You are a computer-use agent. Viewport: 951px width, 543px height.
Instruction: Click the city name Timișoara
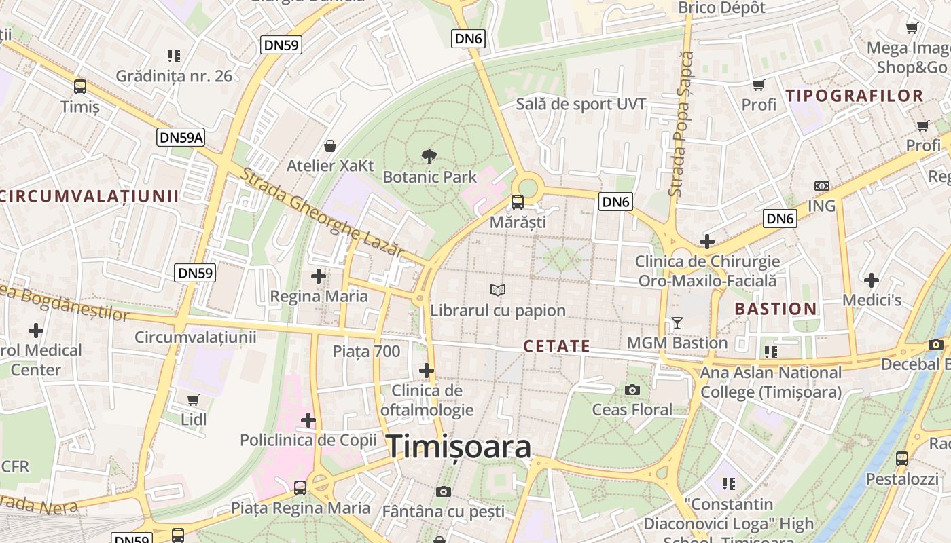(459, 447)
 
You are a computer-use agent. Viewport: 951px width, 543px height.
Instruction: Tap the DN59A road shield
(181, 138)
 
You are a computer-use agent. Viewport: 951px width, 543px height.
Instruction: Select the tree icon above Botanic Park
(429, 157)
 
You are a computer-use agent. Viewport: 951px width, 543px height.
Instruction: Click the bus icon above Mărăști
(518, 202)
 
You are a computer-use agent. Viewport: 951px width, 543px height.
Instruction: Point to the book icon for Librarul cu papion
(498, 291)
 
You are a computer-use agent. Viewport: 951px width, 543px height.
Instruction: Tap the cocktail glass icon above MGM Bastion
(677, 323)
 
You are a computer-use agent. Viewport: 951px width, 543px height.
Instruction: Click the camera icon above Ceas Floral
(632, 390)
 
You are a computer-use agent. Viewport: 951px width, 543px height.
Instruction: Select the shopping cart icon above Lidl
(194, 400)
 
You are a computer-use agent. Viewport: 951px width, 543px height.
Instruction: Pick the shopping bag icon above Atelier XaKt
(330, 146)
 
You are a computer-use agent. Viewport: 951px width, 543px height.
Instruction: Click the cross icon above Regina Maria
(319, 276)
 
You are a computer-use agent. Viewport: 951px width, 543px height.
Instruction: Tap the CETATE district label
(556, 347)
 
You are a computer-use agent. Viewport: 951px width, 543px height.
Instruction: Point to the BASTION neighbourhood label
(776, 309)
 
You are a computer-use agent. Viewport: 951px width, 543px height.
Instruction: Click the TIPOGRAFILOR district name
(855, 96)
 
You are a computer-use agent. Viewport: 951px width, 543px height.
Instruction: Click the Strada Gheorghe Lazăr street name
(322, 212)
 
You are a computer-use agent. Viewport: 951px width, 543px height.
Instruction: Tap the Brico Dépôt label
(722, 8)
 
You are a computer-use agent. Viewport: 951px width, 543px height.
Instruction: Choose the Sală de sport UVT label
(581, 104)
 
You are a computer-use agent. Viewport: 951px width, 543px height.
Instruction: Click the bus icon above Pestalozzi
(902, 459)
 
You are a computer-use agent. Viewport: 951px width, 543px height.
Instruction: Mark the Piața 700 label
(366, 351)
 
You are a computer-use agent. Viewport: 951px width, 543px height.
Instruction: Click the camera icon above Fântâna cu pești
(444, 491)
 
